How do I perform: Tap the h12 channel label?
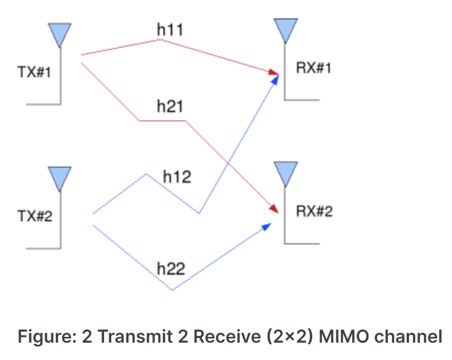177,177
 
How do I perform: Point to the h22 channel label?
171,269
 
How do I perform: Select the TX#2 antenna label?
35,215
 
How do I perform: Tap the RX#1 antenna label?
314,68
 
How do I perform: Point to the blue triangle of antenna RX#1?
286,29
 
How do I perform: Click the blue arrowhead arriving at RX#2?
267,226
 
